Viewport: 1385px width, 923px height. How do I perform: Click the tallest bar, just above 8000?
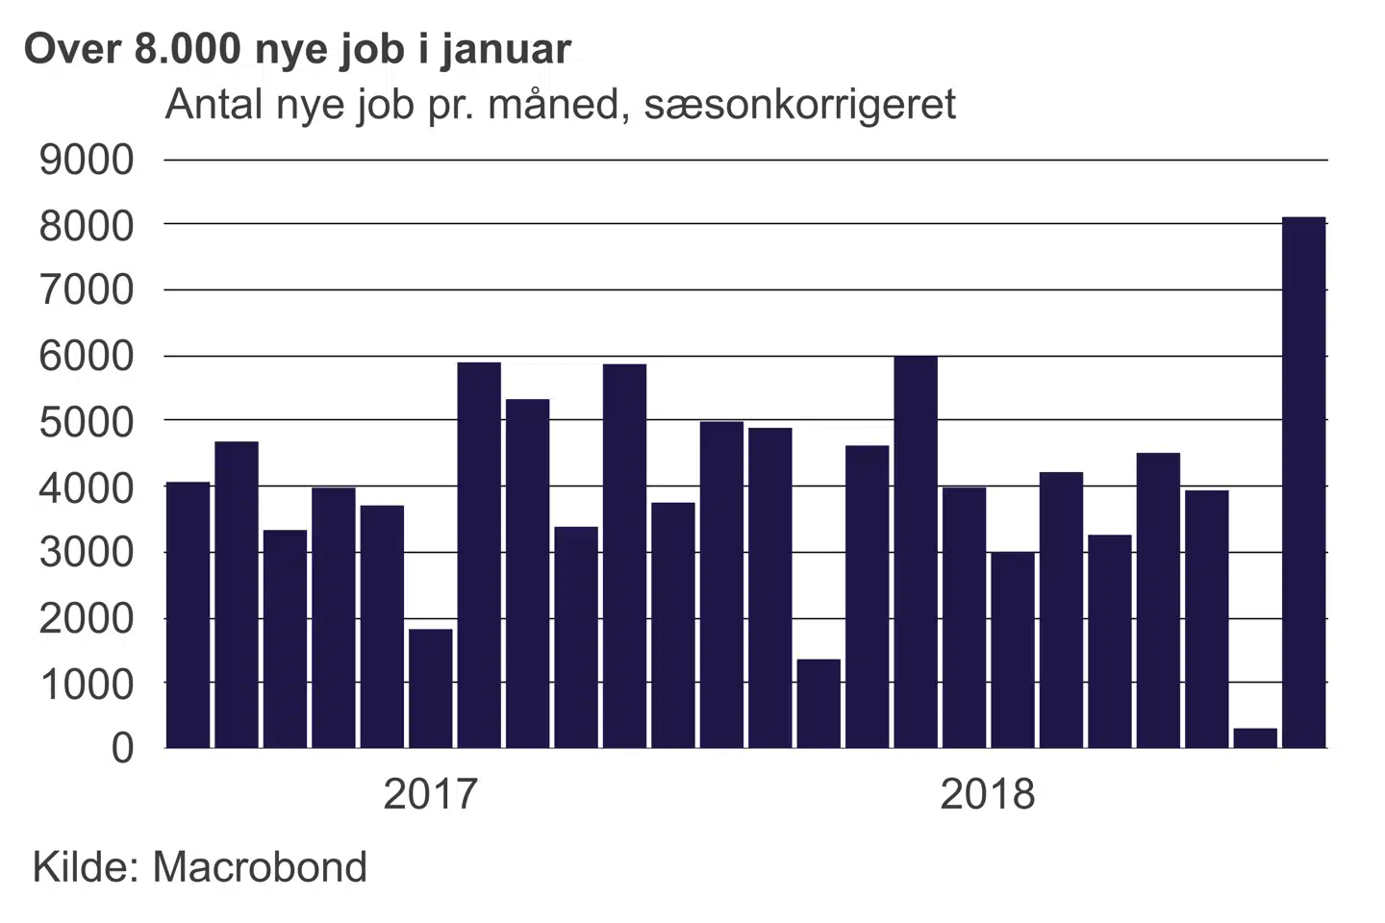(1304, 481)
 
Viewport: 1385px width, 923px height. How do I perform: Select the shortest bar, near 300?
(1255, 737)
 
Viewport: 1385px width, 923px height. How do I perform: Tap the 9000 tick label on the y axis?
(87, 160)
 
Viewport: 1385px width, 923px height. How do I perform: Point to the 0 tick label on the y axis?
(122, 748)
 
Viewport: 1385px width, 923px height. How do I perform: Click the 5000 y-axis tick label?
(87, 421)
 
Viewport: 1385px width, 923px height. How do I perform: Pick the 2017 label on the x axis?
(430, 794)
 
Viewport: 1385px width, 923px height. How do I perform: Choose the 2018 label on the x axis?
(987, 794)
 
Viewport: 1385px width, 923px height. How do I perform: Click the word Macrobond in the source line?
(260, 867)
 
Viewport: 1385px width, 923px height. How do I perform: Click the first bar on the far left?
(188, 615)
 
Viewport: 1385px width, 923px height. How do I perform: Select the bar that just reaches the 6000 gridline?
(916, 552)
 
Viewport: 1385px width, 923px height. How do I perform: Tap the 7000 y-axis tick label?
(87, 290)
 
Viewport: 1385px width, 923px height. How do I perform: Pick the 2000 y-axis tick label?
(87, 618)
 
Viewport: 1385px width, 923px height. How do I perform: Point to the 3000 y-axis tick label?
(87, 553)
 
